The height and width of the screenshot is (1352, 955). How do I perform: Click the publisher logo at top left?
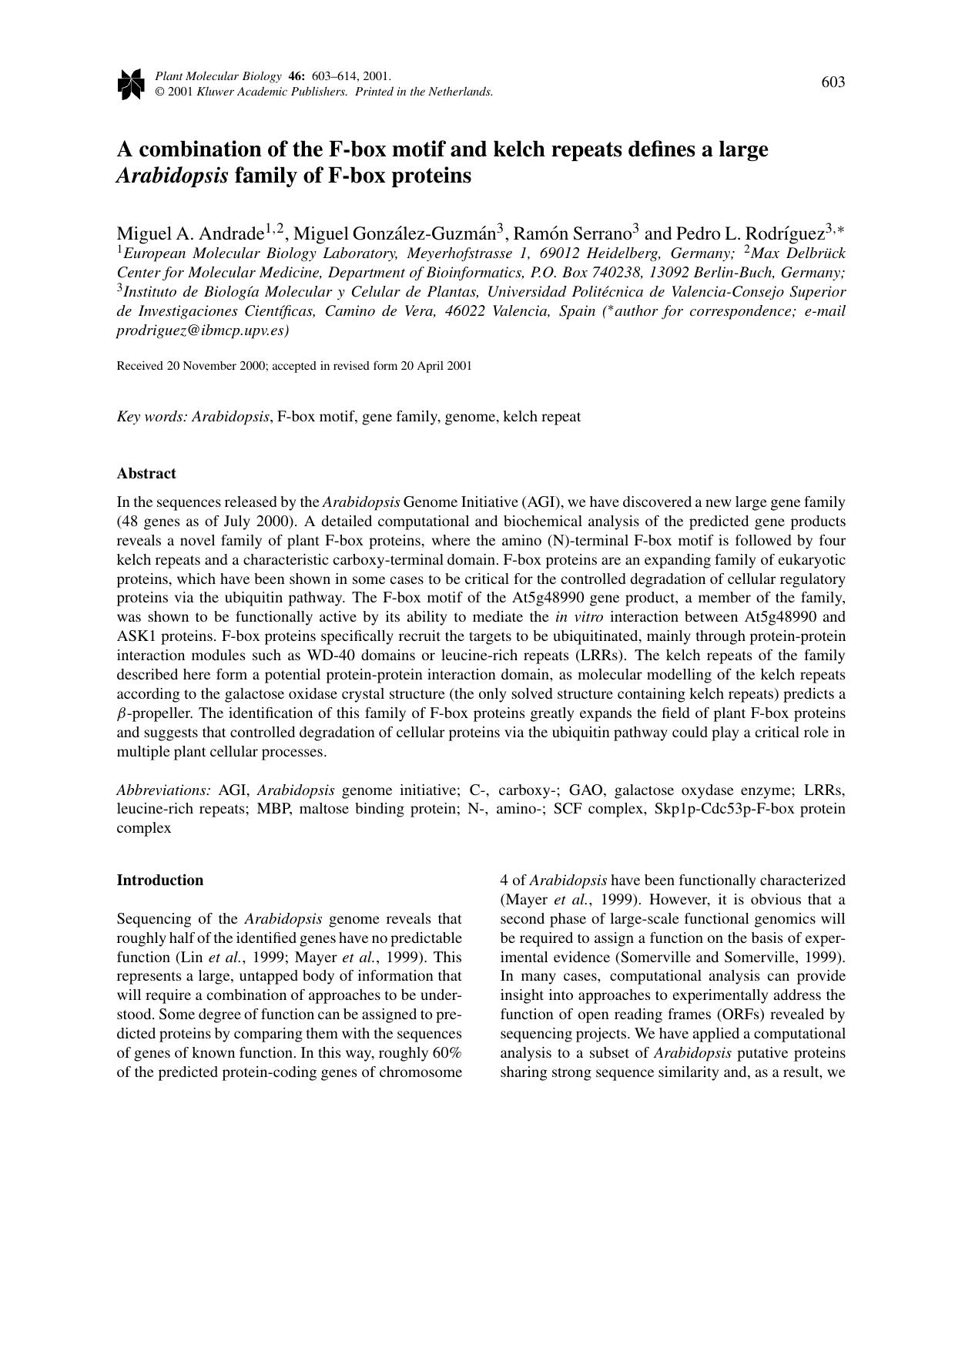(x=131, y=84)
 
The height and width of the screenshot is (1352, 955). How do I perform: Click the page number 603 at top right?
(x=833, y=82)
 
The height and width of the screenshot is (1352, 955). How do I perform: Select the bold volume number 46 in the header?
(x=295, y=76)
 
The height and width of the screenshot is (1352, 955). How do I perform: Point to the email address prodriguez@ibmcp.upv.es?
(x=203, y=330)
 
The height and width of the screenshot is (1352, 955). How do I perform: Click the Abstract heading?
(x=146, y=473)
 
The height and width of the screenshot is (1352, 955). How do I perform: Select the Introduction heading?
(x=160, y=880)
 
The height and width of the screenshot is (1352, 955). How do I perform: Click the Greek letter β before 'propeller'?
(x=121, y=714)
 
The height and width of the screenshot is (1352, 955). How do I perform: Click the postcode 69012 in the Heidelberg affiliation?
(x=559, y=253)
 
